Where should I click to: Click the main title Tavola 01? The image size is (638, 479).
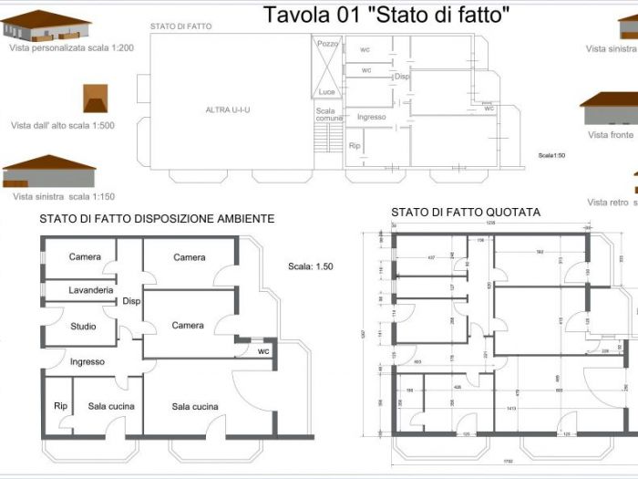pos(386,15)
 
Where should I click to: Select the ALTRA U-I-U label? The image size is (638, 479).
pos(228,110)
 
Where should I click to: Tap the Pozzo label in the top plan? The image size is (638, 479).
pos(326,43)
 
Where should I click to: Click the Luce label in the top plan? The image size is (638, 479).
pos(326,91)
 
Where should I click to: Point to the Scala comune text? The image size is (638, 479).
pos(329,115)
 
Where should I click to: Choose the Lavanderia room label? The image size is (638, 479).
pos(90,290)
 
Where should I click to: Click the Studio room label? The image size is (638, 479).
pos(84,326)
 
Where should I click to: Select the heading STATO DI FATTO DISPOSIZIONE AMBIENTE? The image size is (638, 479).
pos(157,219)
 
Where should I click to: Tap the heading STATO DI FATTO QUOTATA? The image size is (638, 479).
pos(466,212)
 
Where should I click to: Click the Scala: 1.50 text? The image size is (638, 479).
pos(310,267)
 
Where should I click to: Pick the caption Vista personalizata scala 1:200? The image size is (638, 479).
pos(71,48)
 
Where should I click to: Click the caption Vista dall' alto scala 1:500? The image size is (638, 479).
pos(63,126)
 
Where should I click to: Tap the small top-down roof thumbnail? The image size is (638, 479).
pos(96,99)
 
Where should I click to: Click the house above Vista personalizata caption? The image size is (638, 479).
pos(46,26)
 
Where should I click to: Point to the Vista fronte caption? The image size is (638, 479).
pos(610,134)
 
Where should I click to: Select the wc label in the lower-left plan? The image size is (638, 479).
pos(262,350)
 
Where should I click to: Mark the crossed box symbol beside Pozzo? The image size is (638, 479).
pos(326,68)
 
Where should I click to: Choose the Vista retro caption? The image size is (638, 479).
pos(608,202)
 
